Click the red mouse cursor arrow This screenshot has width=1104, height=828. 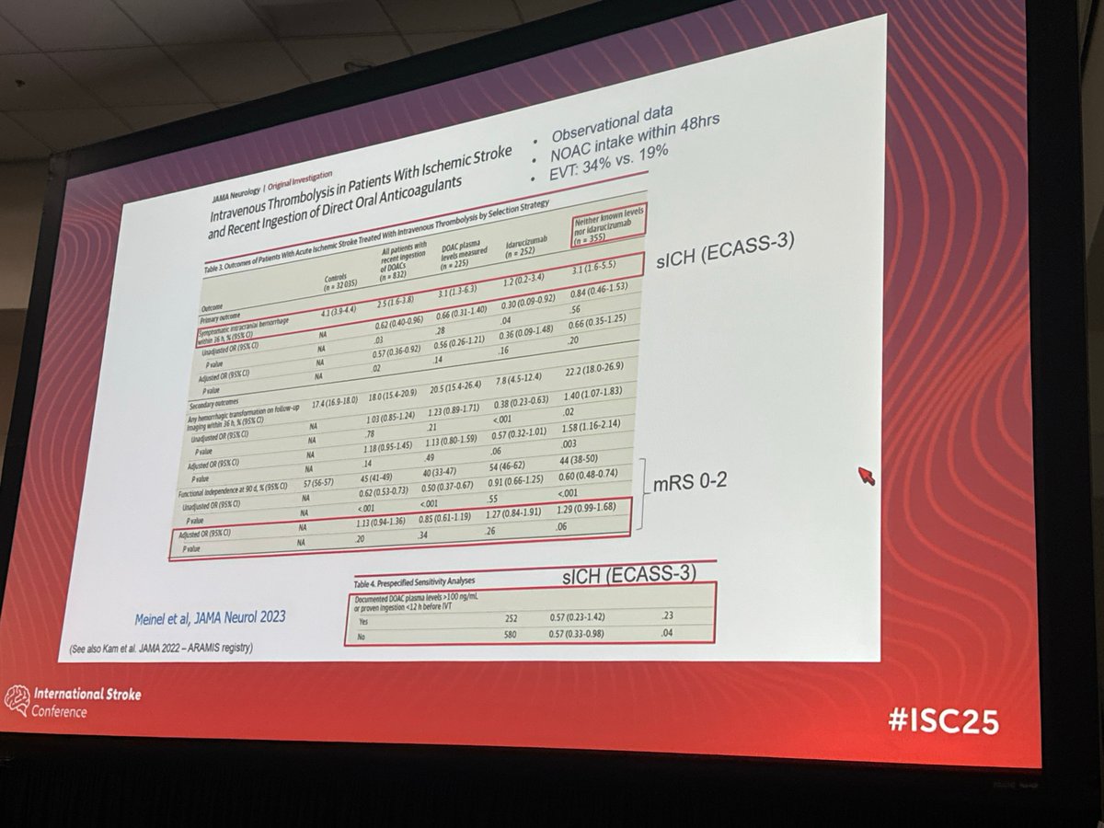coord(865,475)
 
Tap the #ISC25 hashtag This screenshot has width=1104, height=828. coord(943,721)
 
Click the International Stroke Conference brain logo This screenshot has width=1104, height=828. coord(17,700)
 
